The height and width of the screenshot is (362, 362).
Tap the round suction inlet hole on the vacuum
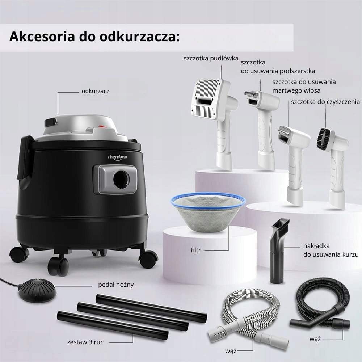121,180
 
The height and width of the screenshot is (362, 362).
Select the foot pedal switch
37,291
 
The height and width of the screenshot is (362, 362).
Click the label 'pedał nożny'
116,285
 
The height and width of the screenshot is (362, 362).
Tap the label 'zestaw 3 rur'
85,342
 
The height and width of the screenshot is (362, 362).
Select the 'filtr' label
196,250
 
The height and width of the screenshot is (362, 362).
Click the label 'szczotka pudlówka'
211,58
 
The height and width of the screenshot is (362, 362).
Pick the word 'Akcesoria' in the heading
42,37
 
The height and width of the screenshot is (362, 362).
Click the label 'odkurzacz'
95,91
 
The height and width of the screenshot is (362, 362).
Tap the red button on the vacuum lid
102,126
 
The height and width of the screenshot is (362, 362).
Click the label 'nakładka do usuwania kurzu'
331,250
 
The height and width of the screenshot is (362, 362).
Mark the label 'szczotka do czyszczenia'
325,102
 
